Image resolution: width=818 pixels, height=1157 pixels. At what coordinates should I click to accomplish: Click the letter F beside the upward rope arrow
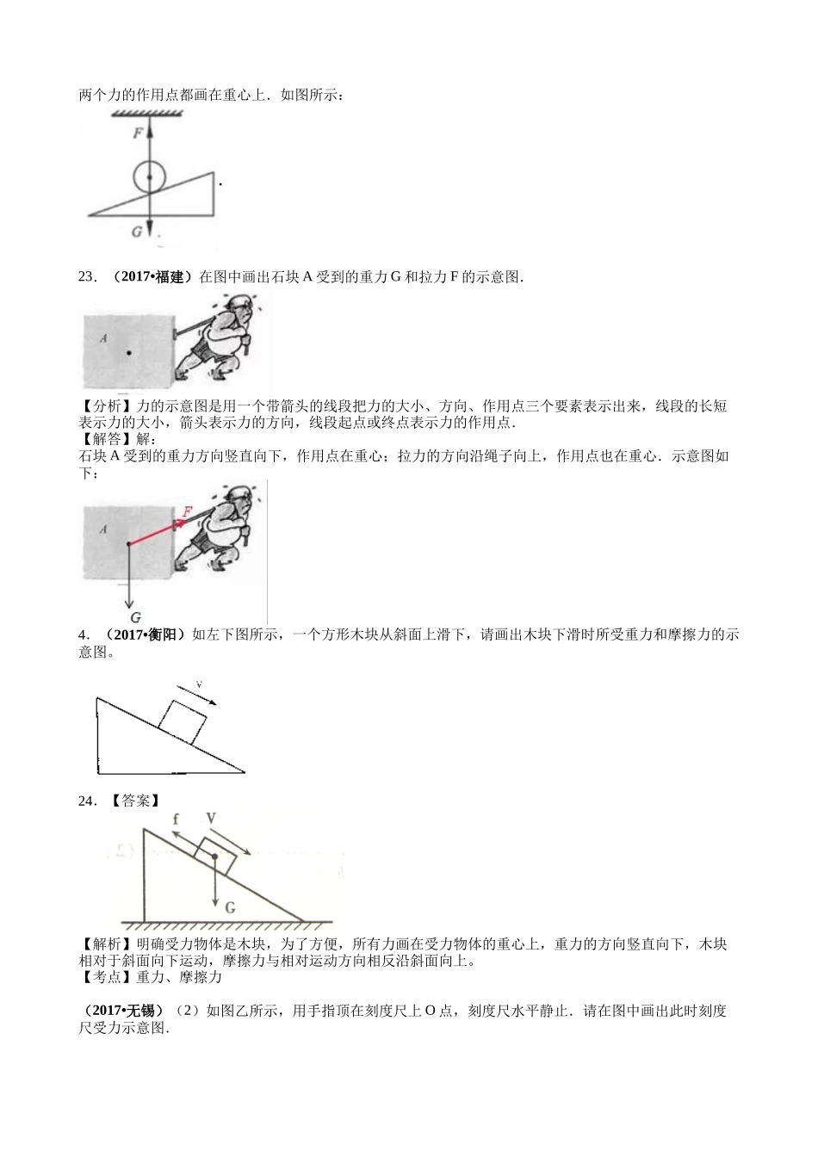(x=138, y=133)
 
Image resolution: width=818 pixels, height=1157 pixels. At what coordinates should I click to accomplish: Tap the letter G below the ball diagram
(x=137, y=232)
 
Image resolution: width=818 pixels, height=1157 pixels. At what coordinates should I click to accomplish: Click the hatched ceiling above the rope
(x=149, y=114)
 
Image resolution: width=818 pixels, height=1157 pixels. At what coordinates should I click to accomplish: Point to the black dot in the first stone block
(x=127, y=352)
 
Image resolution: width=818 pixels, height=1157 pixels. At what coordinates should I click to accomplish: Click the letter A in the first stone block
(x=102, y=338)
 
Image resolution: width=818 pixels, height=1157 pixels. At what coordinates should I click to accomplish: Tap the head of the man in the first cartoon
(x=239, y=307)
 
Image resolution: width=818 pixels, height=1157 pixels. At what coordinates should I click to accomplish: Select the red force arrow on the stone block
(x=155, y=533)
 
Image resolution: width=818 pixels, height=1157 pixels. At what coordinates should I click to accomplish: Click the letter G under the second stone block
(x=136, y=617)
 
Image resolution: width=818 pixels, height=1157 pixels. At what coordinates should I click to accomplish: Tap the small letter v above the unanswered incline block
(x=199, y=684)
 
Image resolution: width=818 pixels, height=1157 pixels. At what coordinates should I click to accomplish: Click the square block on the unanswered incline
(x=183, y=721)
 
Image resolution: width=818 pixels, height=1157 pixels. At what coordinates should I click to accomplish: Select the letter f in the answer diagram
(x=176, y=820)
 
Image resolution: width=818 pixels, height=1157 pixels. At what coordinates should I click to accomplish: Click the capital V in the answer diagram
(x=210, y=819)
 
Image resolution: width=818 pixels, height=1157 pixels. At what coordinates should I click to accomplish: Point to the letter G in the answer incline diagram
(x=230, y=907)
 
